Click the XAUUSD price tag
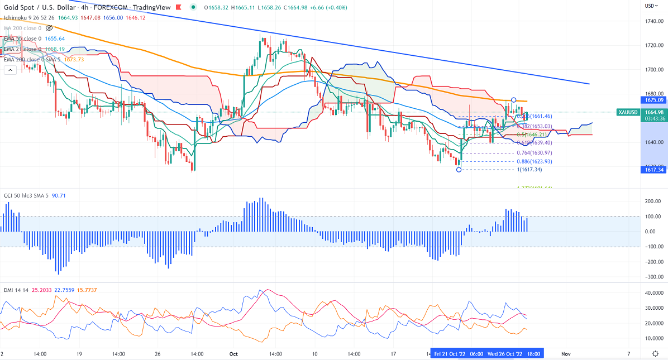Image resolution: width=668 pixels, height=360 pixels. point(628,112)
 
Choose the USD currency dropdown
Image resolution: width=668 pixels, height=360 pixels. point(651,6)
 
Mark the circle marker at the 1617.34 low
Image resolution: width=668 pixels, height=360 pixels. point(459,170)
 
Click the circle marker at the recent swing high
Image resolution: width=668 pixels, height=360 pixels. point(513,100)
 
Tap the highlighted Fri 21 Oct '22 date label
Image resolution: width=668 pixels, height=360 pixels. point(450,354)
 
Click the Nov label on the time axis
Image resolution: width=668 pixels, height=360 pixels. point(566,354)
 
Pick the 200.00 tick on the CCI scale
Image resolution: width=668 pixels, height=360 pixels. point(650,201)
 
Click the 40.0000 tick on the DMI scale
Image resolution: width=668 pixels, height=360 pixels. point(650,293)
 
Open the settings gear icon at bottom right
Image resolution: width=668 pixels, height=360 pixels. point(655,354)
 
